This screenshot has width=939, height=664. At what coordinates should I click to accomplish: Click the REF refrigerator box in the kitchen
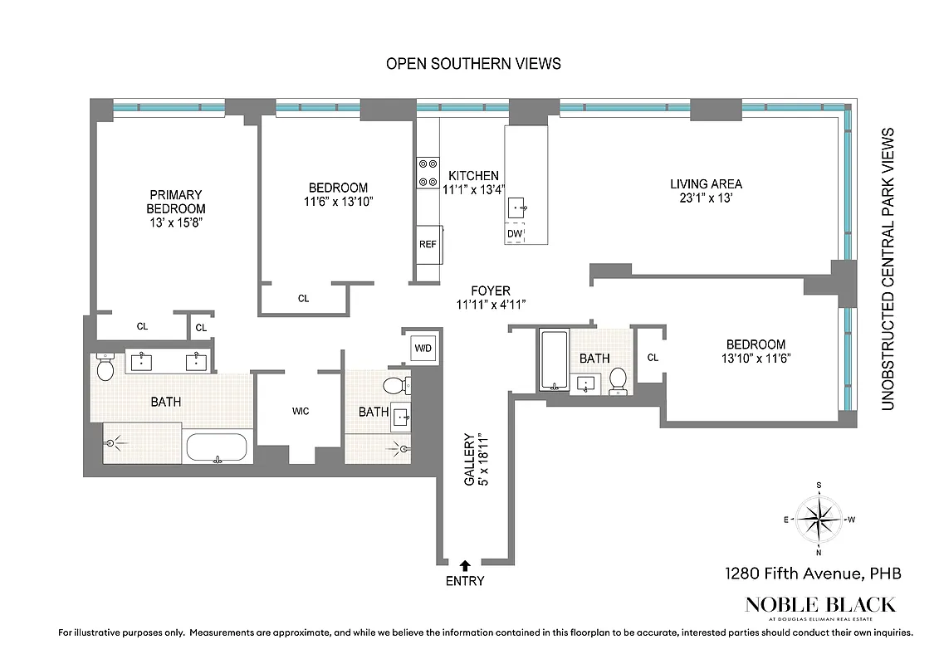click(x=428, y=244)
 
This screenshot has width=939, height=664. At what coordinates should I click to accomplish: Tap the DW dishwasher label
click(x=515, y=234)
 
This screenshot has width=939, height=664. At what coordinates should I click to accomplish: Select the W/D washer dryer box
click(x=423, y=348)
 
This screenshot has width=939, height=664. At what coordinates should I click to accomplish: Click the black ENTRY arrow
click(x=465, y=564)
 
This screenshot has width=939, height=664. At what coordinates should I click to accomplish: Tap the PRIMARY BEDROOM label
click(x=176, y=202)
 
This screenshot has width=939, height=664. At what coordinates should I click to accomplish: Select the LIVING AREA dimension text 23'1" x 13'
click(x=706, y=199)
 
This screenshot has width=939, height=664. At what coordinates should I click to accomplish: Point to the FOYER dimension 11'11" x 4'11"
click(x=491, y=304)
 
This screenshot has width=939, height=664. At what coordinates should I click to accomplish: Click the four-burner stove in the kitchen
click(x=428, y=173)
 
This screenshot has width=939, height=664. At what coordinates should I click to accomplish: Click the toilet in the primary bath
click(x=105, y=367)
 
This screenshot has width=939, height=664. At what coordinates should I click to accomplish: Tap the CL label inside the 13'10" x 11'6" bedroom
click(x=653, y=358)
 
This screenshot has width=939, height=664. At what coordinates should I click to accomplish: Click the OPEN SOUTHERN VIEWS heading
click(x=473, y=63)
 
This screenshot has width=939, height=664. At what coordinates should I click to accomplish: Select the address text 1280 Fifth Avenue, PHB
click(x=812, y=573)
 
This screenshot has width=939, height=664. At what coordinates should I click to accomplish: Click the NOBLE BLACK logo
click(x=820, y=604)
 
